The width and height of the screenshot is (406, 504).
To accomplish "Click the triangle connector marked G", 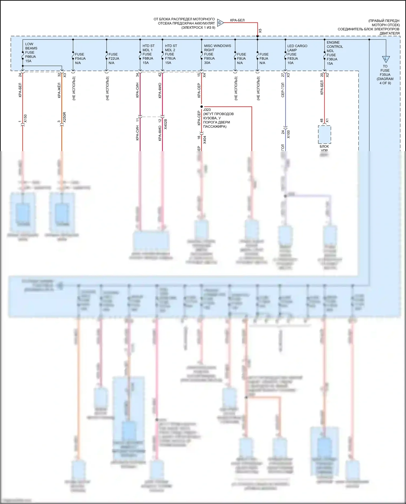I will coord(220,23).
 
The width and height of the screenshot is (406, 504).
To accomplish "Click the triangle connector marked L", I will coord(386,59).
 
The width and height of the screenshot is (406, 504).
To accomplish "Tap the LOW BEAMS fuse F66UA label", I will coord(31,53).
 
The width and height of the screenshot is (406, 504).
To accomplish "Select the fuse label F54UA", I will coord(80,58).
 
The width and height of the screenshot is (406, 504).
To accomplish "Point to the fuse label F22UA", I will coord(114,58).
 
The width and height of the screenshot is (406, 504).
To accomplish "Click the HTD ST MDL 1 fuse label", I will coord(148,54).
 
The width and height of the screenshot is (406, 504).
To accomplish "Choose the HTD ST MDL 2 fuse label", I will coord(171,54).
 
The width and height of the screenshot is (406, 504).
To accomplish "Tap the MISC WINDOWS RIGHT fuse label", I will coord(217,54).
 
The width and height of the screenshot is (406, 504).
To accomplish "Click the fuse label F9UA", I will coord(241,58).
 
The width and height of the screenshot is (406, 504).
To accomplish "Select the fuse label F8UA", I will coord(264,58).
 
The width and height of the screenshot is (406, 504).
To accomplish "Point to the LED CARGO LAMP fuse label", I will coord(297,54).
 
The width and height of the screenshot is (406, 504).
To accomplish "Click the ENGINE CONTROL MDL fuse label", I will coord(334,53).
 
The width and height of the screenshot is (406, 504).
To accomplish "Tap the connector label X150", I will coord(25,118).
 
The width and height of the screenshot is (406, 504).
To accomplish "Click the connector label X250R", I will coord(64,117).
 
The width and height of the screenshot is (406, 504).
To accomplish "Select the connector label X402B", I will coord(165,124).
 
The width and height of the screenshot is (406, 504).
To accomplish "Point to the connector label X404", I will coord(205,140).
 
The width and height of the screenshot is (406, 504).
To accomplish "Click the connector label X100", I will coord(288,134).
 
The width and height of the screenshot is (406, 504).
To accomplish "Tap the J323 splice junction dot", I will coord(202,107).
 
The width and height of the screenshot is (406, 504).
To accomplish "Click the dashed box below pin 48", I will coord(324,135).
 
